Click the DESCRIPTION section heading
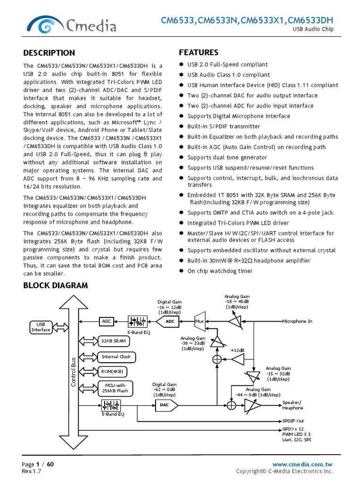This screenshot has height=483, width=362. (x=49, y=53)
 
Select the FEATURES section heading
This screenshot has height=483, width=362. (x=198, y=52)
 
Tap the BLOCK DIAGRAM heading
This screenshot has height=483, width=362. (x=55, y=285)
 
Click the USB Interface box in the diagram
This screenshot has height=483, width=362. (x=41, y=327)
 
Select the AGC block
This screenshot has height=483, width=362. (x=107, y=321)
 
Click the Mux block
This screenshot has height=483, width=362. (x=199, y=321)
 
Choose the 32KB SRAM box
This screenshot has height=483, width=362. (x=113, y=341)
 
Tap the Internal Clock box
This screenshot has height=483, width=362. (x=116, y=357)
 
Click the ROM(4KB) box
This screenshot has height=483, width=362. (x=112, y=372)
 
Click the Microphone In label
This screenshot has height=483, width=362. (x=297, y=321)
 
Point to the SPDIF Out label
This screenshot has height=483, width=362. (x=293, y=420)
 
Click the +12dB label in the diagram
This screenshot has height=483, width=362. (x=238, y=350)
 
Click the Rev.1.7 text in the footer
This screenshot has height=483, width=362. (x=31, y=471)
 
